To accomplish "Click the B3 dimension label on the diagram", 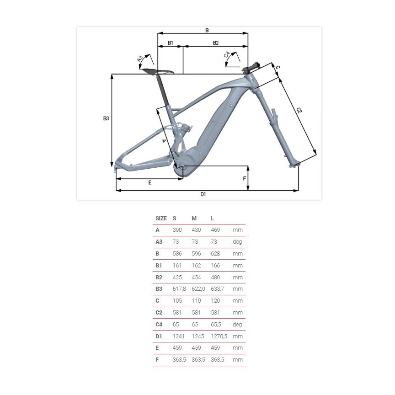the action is coord(106,118).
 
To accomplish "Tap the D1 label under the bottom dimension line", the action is coord(203,194).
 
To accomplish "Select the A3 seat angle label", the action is coord(140,59).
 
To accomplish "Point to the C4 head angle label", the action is coord(227,54).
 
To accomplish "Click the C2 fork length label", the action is coord(299,110).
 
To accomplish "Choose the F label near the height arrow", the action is coord(244,179).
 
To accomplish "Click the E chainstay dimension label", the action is coord(150,182).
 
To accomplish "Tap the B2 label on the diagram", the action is coord(216,43).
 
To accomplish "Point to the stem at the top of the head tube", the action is coord(251,68).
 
